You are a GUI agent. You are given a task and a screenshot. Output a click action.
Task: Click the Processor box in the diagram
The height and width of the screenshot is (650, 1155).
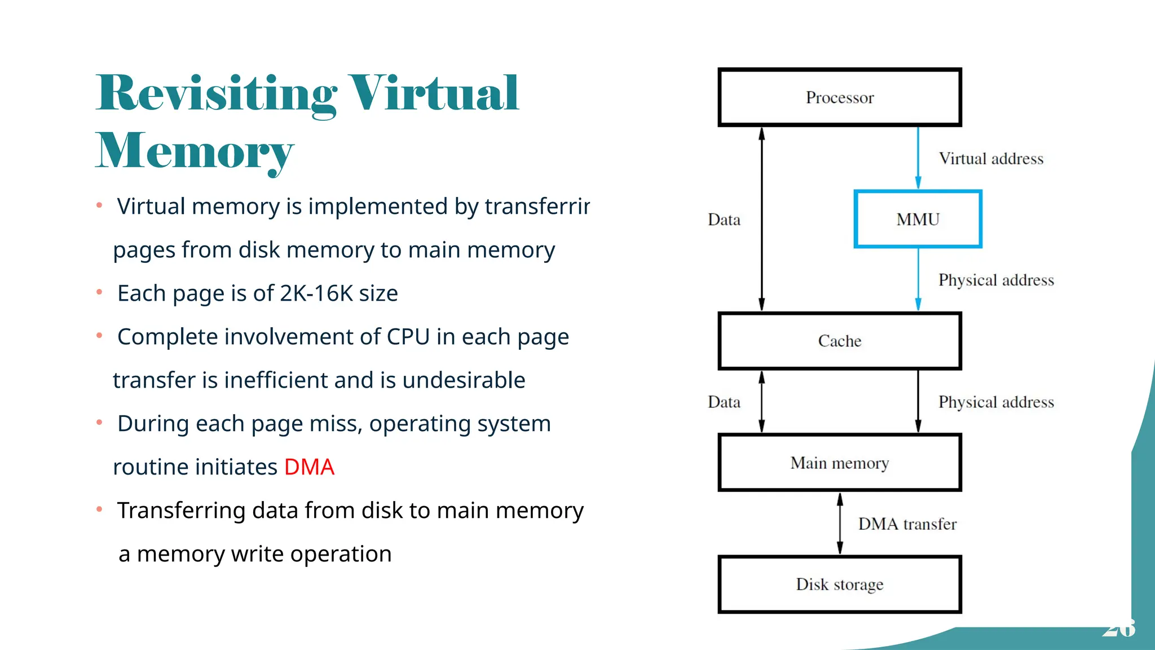pyautogui.click(x=839, y=97)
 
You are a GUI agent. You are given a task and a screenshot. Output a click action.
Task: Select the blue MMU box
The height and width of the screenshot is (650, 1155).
pyautogui.click(x=918, y=219)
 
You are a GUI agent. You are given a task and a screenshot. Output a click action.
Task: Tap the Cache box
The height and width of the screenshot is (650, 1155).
pyautogui.click(x=839, y=341)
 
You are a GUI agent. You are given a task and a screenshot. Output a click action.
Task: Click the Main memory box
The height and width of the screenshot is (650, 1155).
pyautogui.click(x=839, y=463)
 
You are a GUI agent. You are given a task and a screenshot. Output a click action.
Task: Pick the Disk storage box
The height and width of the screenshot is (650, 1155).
pyautogui.click(x=839, y=585)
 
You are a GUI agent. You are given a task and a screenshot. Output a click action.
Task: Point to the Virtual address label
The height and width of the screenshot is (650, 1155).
pyautogui.click(x=991, y=159)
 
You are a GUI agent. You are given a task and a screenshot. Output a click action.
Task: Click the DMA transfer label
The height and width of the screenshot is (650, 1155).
pyautogui.click(x=907, y=524)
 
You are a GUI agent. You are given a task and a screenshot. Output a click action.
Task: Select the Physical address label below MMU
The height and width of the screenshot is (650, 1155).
pyautogui.click(x=995, y=280)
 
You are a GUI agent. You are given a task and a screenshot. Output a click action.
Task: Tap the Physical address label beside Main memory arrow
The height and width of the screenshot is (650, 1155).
pyautogui.click(x=995, y=402)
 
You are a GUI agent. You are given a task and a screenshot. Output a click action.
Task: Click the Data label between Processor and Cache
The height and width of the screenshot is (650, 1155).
pyautogui.click(x=724, y=219)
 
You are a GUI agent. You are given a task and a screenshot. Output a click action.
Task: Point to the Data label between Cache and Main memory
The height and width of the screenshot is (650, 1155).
pyautogui.click(x=724, y=402)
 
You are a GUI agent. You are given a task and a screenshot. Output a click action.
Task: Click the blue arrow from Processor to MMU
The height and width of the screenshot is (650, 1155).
pyautogui.click(x=918, y=158)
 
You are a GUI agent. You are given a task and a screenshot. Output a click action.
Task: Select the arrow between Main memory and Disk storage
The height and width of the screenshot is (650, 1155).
pyautogui.click(x=840, y=524)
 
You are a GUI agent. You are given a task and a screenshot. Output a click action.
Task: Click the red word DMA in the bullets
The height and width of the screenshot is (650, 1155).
pyautogui.click(x=309, y=467)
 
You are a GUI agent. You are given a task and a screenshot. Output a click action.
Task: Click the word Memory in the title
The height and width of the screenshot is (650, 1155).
pyautogui.click(x=195, y=151)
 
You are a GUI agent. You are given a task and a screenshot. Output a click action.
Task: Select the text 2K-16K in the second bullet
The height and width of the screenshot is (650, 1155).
pyautogui.click(x=316, y=293)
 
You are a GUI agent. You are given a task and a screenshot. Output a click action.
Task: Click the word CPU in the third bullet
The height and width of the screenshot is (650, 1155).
pyautogui.click(x=408, y=337)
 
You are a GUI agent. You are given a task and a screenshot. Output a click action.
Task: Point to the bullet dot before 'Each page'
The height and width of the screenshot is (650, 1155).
pyautogui.click(x=99, y=292)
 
